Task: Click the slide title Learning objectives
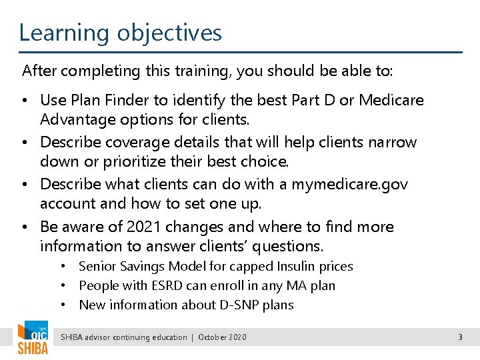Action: click(x=120, y=32)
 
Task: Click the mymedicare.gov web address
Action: click(x=349, y=184)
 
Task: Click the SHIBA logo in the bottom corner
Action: click(x=33, y=338)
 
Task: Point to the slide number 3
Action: click(x=460, y=337)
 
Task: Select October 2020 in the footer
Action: click(x=222, y=337)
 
